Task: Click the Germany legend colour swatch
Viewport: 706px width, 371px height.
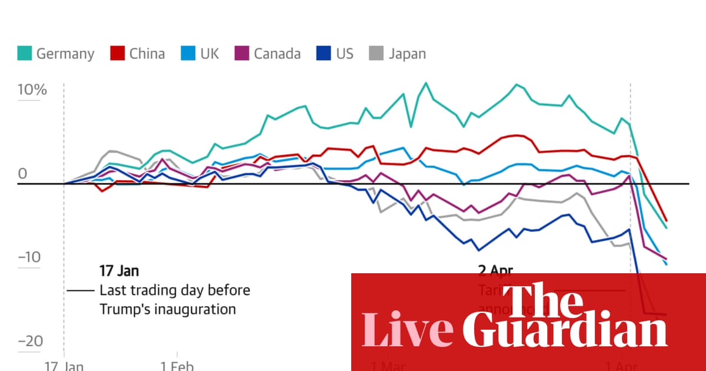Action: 24,54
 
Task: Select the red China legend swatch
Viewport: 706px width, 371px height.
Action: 118,54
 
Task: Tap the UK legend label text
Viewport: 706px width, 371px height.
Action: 209,54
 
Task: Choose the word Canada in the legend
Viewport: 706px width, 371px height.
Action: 277,54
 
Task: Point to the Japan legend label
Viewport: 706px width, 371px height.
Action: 407,54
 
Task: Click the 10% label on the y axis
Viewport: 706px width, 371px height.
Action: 32,91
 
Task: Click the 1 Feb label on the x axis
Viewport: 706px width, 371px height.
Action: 176,366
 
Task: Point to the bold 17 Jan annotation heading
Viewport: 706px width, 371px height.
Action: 119,271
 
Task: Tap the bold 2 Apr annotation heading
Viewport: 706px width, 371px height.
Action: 495,271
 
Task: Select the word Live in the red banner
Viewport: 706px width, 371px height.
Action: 407,330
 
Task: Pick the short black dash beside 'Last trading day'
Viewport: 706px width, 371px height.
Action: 81,291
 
